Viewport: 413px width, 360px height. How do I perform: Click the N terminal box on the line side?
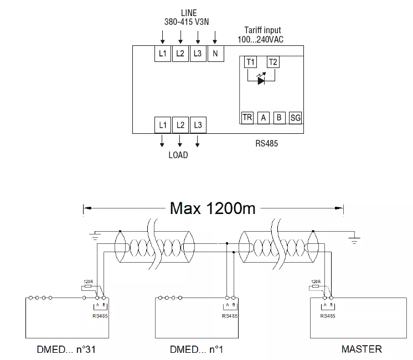pyautogui.click(x=215, y=54)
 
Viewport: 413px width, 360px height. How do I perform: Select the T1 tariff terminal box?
pyautogui.click(x=250, y=62)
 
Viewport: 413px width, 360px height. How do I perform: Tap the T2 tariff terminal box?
pyautogui.click(x=273, y=62)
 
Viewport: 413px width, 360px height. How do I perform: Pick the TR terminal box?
pyautogui.click(x=247, y=117)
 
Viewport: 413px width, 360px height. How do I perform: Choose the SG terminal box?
pyautogui.click(x=296, y=117)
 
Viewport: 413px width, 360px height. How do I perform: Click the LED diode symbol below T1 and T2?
pyautogui.click(x=262, y=79)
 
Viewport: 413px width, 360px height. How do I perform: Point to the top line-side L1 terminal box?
pyautogui.click(x=162, y=54)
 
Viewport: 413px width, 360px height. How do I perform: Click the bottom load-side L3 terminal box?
pyautogui.click(x=198, y=125)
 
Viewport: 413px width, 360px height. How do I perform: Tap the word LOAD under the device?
pyautogui.click(x=178, y=155)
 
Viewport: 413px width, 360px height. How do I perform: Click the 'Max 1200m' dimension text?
pyautogui.click(x=213, y=208)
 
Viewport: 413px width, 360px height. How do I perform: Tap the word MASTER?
pyautogui.click(x=362, y=349)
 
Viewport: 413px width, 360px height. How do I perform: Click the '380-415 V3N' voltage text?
pyautogui.click(x=189, y=22)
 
